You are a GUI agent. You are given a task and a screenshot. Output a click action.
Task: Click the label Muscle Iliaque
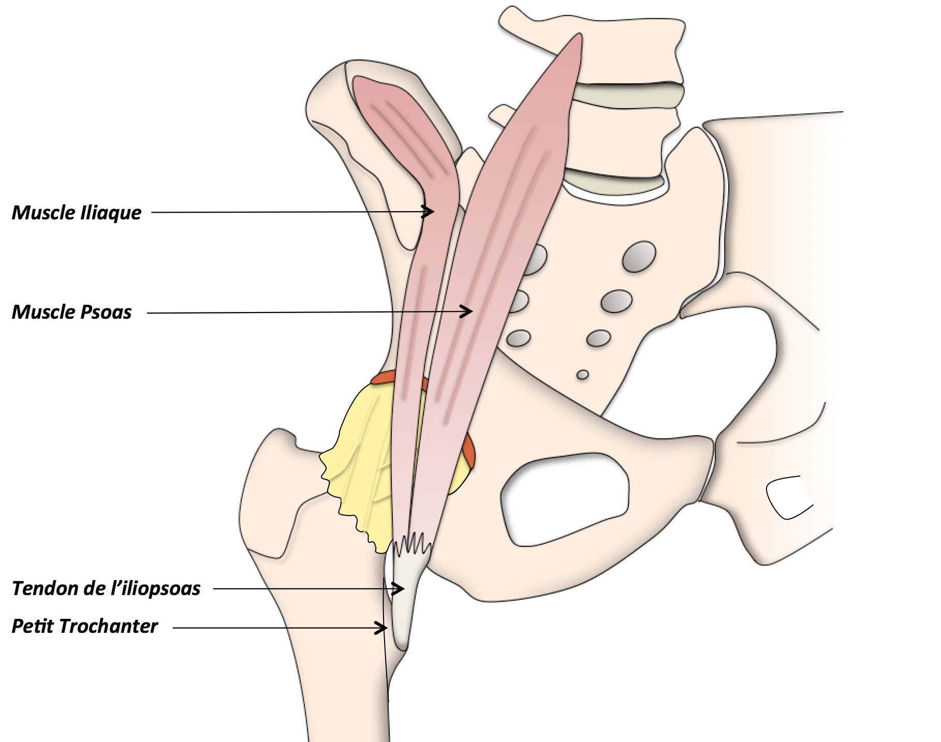tap(77, 213)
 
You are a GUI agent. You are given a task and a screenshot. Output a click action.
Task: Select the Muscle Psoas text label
tap(72, 312)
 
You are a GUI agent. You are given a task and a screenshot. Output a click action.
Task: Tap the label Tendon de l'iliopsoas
tap(106, 588)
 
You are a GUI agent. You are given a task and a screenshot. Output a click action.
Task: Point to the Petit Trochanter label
tap(84, 626)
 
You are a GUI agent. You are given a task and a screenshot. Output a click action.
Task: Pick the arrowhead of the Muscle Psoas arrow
tap(468, 311)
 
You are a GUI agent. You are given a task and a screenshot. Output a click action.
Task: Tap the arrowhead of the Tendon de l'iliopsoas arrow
tap(400, 588)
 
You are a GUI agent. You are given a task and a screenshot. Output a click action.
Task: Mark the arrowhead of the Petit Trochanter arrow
tap(384, 628)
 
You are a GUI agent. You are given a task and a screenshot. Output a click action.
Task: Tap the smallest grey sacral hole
tap(583, 374)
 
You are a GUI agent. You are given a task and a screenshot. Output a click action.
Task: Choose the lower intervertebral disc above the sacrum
tap(613, 181)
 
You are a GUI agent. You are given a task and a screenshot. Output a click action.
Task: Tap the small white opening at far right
tap(787, 496)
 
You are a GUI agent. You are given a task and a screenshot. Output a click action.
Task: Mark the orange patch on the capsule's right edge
tap(469, 450)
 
